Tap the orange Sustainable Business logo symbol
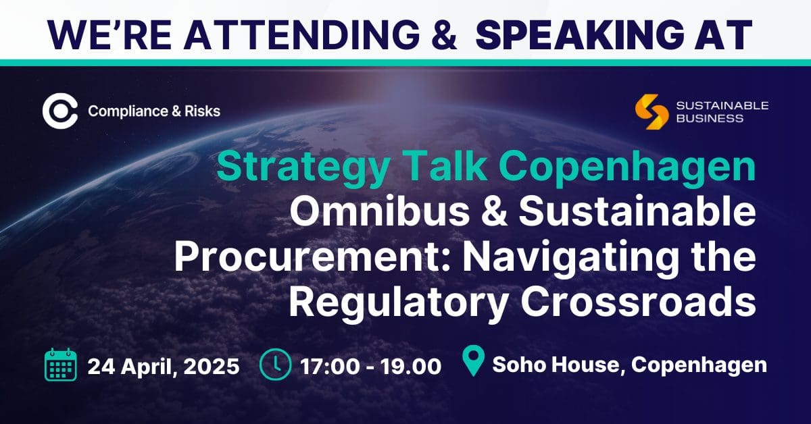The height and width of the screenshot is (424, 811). point(652,112)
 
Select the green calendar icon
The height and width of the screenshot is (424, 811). point(60,365)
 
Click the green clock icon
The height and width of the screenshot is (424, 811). point(275,365)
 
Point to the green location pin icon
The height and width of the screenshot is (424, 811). point(474,361)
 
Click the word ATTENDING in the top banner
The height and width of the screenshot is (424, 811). point(301,34)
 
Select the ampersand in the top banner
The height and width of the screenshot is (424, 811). point(443,34)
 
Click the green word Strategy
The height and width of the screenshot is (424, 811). point(303,167)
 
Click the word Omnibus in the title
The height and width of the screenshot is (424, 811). point(379,211)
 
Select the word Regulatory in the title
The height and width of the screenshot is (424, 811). point(397,305)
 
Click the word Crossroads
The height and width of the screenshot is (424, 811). point(638,302)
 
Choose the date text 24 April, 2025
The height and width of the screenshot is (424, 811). point(164,366)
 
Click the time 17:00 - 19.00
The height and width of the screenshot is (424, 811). point(371,366)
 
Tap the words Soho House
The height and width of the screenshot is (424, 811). point(559,365)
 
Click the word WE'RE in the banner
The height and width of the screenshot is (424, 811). point(109,34)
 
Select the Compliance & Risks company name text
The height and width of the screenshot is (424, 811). point(154,111)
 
